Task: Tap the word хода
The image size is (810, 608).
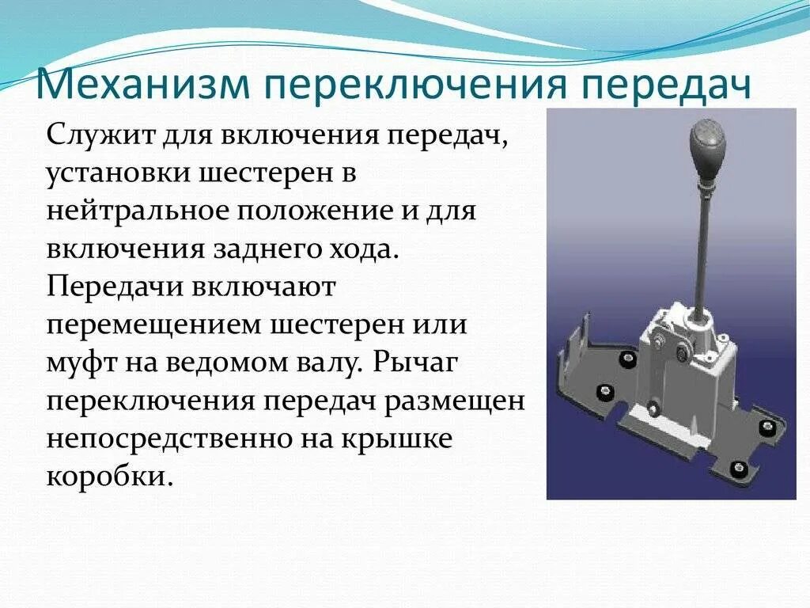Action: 352,251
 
